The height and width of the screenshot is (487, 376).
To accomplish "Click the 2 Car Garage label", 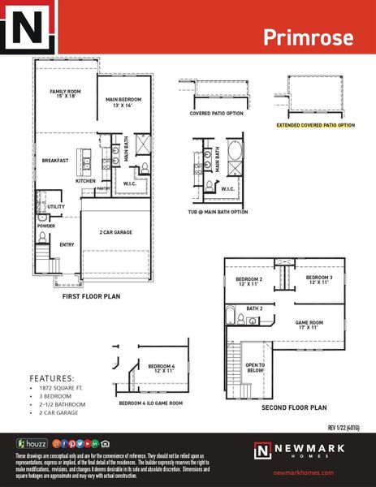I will point(116,232).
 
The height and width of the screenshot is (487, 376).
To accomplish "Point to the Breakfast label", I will point(55,161).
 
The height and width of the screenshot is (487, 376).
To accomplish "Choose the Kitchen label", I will point(86,181).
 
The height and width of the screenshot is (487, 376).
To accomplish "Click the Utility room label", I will point(55,207).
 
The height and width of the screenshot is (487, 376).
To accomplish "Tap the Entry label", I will point(67,243).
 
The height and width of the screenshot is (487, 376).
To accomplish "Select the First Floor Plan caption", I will point(92,297).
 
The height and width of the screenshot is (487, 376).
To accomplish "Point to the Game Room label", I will point(309,324).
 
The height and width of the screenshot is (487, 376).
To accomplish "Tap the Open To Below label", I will point(255,368).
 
